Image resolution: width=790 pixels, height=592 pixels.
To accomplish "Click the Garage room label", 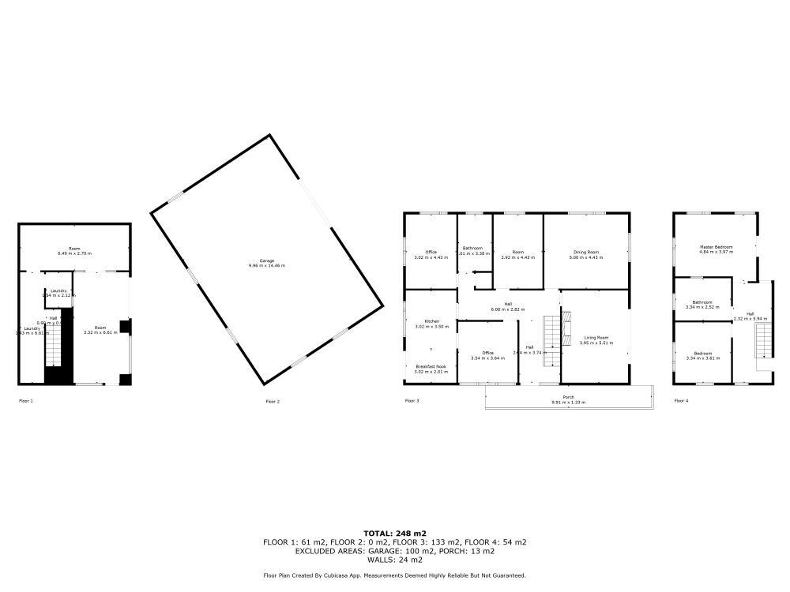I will pos(266,260).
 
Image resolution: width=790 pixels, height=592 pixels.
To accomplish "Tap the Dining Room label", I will pos(587,252).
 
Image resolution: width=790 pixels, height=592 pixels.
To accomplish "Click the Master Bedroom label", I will pos(717,247).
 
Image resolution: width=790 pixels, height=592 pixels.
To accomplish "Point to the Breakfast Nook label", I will pos(431,366).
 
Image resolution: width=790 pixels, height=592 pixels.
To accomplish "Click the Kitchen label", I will pos(431,321).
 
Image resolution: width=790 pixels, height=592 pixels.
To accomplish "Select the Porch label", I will pos(568,397).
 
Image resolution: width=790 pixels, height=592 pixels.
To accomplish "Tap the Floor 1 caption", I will pos(26,401).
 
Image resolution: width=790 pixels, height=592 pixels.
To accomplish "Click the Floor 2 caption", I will pos(273,402).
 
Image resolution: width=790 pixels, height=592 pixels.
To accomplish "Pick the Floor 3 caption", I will pos(412,401).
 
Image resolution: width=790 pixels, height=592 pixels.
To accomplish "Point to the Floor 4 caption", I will pos(681,401).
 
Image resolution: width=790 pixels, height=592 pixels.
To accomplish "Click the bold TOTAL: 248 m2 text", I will pos(394,534).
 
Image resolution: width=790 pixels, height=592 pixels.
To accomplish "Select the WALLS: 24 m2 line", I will pos(394,560).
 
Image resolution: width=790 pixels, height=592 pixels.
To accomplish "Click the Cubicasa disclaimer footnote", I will pos(394,575).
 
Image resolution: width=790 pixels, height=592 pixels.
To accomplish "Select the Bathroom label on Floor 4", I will pos(702,302).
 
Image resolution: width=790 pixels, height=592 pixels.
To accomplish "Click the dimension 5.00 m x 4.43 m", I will pos(587,257).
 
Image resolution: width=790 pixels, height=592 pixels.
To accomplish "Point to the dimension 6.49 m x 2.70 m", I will pos(74,253).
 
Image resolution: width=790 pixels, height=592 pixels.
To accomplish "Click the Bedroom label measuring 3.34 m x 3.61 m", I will pos(702,353).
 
